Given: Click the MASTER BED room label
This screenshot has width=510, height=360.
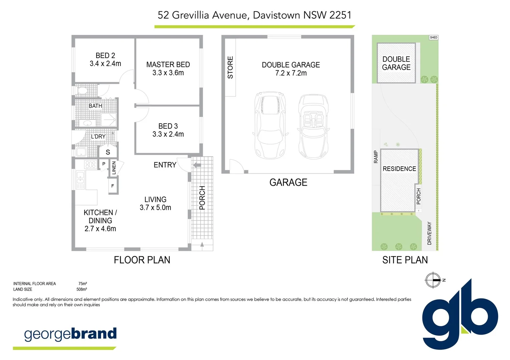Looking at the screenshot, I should coord(168,65).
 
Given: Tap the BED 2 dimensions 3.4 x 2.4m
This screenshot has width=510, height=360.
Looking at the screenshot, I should coord(105,64).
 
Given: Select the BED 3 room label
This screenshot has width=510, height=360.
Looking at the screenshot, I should coord(168,126).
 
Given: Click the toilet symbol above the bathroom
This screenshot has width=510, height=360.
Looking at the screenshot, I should coord(82,91).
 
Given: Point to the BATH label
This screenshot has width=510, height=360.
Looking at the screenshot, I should coord(95,106).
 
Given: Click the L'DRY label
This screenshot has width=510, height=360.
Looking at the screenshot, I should coord(98,136).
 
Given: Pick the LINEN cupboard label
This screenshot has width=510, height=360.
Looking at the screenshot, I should coord(114,168).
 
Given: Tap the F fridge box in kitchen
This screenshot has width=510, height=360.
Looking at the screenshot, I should coord(113,186).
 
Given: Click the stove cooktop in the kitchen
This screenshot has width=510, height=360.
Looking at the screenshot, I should coord(90,164).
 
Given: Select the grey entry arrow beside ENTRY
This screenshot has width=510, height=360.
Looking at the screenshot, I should coord(197,165).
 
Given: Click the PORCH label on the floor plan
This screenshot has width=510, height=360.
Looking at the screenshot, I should coord(202,198).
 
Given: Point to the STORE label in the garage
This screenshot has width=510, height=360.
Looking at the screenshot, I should coord(230,68).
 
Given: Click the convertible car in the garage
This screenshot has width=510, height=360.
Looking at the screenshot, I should coord(313,127).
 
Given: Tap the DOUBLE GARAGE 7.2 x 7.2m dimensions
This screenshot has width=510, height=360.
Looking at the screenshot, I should coord(291,73).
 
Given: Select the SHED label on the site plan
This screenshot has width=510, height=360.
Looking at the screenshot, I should coord(433,37).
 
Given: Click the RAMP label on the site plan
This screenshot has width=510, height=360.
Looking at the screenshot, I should coord(376,157).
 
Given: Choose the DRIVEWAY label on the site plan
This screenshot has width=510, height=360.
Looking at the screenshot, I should coord(429,233).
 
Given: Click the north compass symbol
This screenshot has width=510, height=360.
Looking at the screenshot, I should coord(433,280).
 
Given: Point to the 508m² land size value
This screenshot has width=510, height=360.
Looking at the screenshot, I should coord(82,289).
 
